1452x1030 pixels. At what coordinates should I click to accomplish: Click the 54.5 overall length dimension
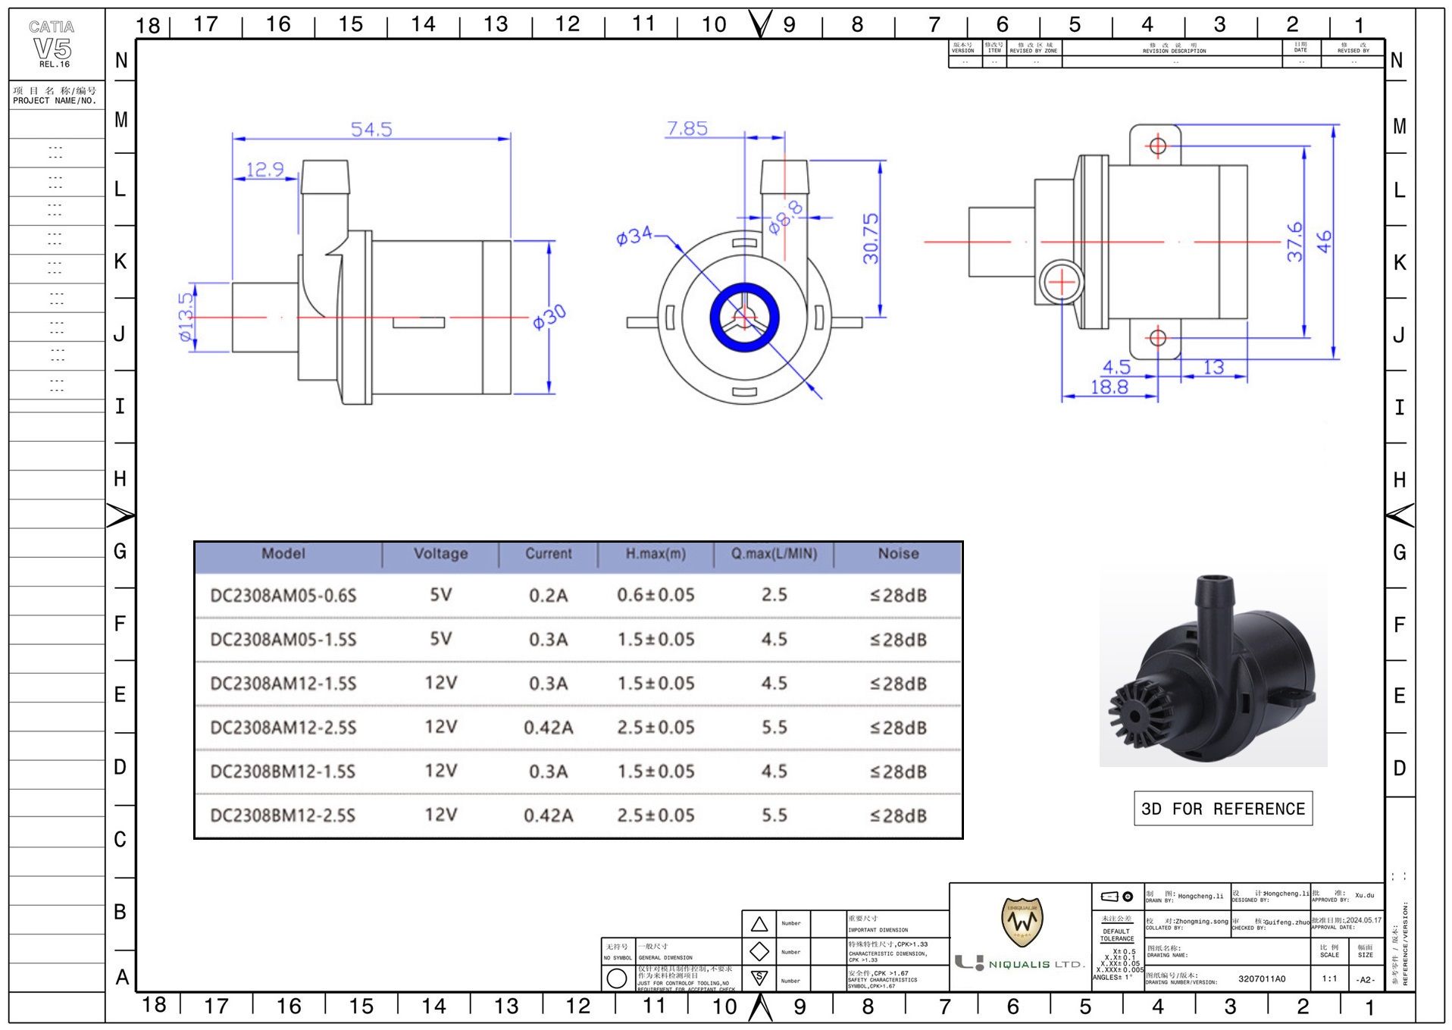point(371,130)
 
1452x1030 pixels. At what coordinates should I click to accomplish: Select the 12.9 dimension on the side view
point(264,169)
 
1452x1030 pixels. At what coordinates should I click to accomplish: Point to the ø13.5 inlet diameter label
point(186,318)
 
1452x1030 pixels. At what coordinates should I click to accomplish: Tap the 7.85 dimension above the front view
point(687,128)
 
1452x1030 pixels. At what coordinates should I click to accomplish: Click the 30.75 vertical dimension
point(871,238)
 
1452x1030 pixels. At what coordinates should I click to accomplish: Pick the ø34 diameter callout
point(634,236)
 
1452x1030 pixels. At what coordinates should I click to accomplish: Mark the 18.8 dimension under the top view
point(1109,387)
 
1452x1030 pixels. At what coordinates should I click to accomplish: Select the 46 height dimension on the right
point(1323,242)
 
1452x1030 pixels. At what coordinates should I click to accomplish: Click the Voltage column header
point(440,554)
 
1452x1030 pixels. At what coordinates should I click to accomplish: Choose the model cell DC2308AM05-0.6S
point(283,596)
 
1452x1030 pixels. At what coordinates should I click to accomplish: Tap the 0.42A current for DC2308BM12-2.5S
point(548,816)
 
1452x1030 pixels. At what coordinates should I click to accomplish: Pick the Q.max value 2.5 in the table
point(774,595)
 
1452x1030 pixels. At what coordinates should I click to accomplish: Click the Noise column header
point(898,554)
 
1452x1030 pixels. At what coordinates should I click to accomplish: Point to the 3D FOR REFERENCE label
point(1222,809)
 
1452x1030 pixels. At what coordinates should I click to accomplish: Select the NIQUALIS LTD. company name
point(1036,964)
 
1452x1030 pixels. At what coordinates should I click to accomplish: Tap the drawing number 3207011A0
point(1262,978)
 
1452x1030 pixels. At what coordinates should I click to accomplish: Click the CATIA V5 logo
point(53,45)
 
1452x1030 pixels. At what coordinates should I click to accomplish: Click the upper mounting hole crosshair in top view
point(1157,146)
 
